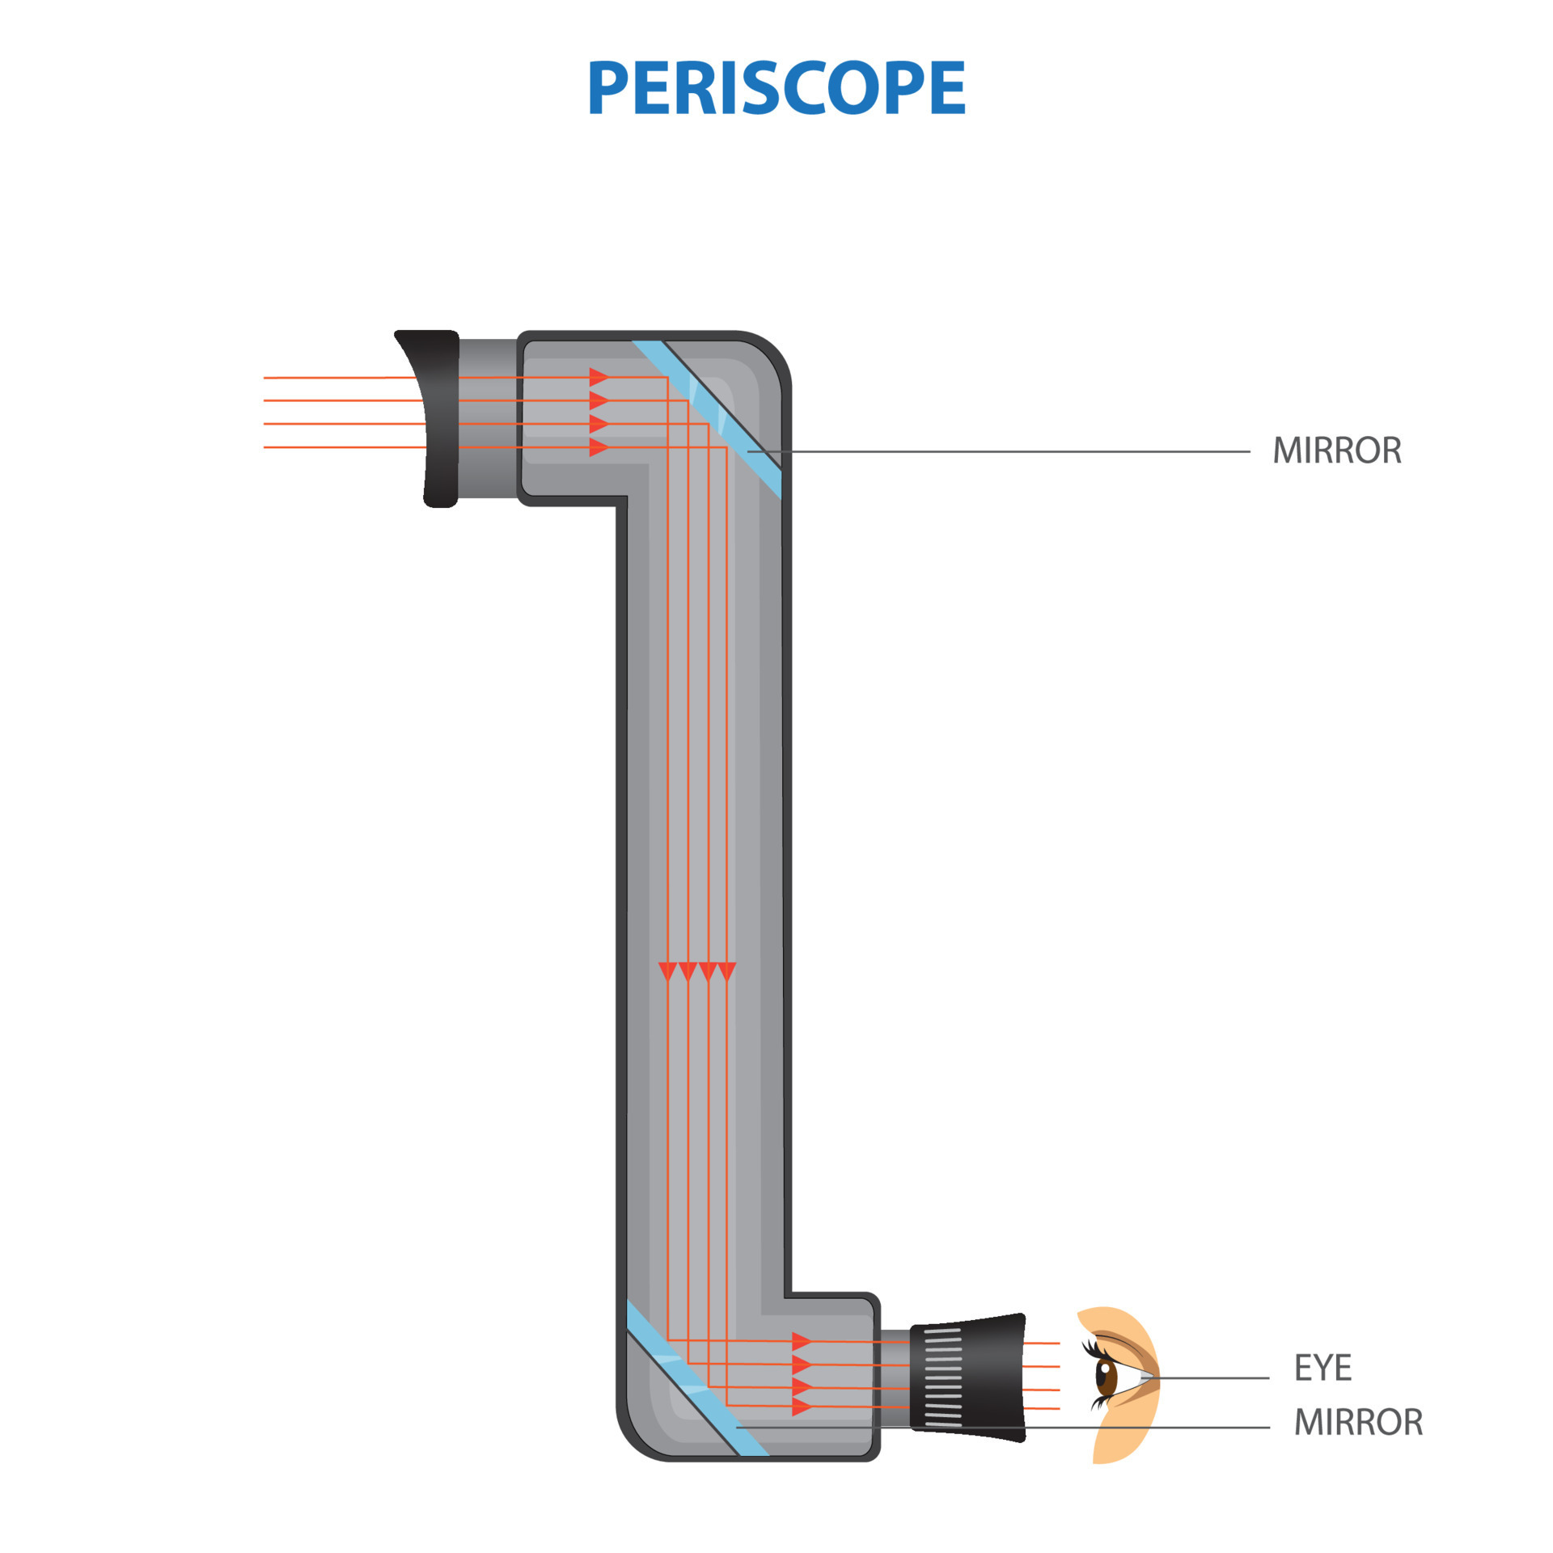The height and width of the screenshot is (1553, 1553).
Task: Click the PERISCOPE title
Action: [776, 87]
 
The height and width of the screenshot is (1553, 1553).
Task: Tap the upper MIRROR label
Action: [1336, 451]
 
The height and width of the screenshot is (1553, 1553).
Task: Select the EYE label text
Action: [1322, 1368]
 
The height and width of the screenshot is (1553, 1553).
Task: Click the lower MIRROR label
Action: [1357, 1422]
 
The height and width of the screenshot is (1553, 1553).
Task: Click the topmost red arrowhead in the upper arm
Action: [599, 377]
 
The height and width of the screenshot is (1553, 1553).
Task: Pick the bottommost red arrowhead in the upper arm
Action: [599, 447]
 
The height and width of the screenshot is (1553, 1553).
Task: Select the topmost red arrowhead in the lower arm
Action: [801, 1341]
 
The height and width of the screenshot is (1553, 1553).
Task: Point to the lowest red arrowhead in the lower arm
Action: [801, 1407]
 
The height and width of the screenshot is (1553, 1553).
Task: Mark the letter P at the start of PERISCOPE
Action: [608, 87]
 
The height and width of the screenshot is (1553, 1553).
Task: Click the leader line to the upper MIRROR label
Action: [1011, 451]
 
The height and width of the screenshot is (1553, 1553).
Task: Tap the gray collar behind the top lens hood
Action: [488, 418]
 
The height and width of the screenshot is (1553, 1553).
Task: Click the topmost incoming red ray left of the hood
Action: [340, 378]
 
